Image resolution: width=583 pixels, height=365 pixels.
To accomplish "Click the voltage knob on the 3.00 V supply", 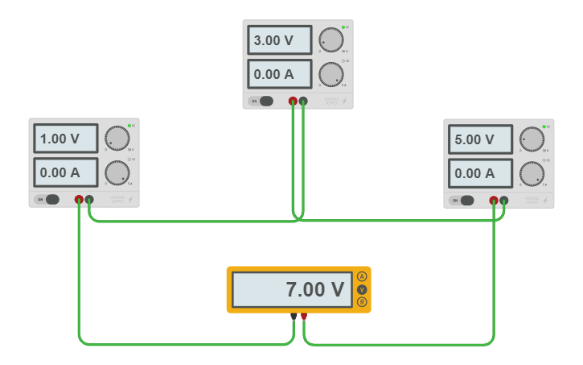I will (x=331, y=39).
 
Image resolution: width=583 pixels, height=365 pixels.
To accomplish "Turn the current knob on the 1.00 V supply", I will (x=117, y=172).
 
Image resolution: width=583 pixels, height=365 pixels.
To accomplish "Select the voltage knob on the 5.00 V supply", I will (x=532, y=139).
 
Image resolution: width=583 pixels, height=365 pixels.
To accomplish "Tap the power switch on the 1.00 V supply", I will (x=51, y=200).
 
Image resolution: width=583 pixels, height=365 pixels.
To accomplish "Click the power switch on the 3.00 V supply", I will (x=265, y=102).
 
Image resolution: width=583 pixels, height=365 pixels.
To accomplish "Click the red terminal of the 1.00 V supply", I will (x=79, y=199).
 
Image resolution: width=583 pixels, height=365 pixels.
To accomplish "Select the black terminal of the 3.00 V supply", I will (x=303, y=102).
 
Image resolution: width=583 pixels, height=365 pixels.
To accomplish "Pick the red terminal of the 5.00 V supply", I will (x=494, y=200).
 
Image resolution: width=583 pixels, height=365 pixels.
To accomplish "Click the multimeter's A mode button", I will (x=362, y=276).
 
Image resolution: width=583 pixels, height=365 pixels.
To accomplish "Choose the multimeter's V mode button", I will (x=362, y=289).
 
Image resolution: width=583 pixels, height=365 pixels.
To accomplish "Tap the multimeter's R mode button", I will (x=362, y=302).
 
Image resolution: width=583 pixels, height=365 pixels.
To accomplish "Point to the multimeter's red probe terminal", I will (x=303, y=317).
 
